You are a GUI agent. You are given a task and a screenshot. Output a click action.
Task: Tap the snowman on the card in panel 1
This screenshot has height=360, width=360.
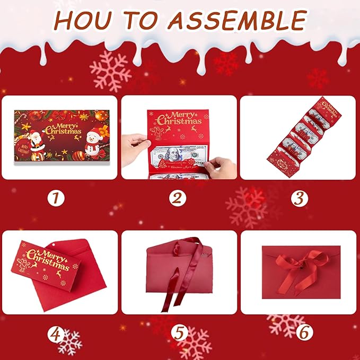[x=95, y=142]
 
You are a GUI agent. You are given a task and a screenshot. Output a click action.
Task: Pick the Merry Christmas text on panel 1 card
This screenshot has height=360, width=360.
[x=64, y=129]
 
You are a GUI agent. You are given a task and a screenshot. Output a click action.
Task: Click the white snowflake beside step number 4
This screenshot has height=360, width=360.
[x=70, y=342]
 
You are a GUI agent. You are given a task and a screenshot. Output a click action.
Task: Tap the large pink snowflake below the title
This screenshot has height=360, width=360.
[x=110, y=71]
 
